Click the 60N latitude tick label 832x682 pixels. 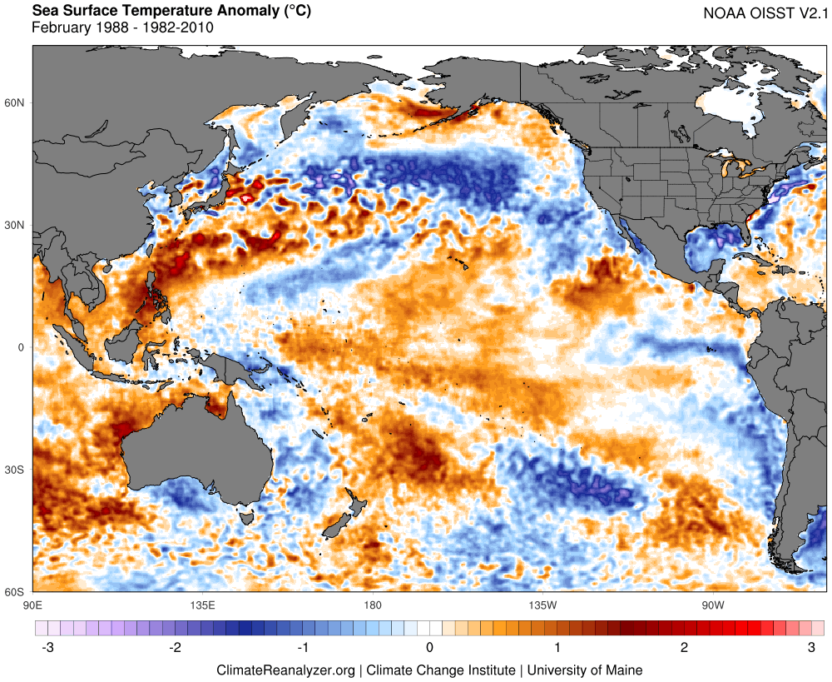pos(16,102)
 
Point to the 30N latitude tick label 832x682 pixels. pos(16,225)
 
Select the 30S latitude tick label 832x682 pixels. pos(16,470)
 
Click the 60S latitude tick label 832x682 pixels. pos(16,592)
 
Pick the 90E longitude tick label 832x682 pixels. pos(33,604)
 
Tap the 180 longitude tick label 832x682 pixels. pos(373,604)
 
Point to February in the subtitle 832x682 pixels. pos(61,27)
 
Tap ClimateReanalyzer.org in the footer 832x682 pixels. pos(286,670)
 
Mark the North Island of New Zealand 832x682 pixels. pos(354,510)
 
